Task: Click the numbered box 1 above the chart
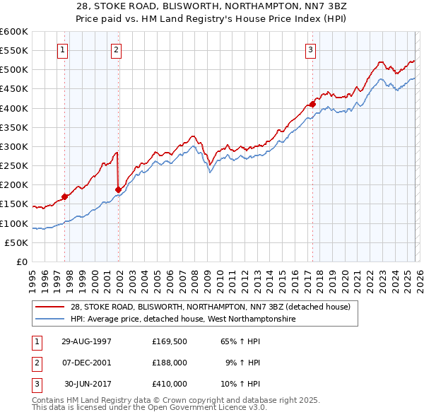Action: tap(64, 49)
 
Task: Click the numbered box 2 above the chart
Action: tap(116, 49)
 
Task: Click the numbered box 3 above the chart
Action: tap(310, 49)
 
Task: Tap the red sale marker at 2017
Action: tap(312, 105)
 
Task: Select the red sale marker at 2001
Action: tap(119, 189)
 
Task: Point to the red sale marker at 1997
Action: tap(65, 196)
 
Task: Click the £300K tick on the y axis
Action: tap(13, 146)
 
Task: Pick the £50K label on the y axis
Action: tap(16, 242)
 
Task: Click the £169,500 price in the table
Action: tap(169, 341)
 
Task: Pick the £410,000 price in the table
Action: tap(169, 384)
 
